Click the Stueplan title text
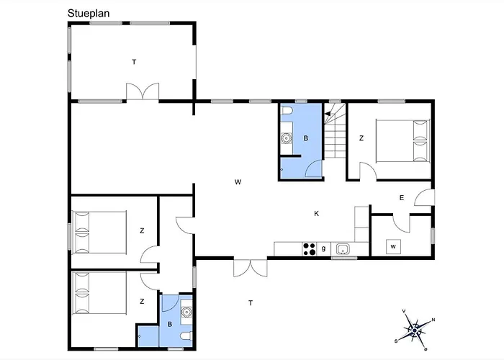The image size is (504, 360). click(89, 14)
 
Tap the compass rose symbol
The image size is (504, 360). click(415, 330)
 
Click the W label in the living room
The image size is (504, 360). click(238, 182)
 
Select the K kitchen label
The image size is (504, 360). click(317, 214)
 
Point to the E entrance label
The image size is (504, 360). click(402, 198)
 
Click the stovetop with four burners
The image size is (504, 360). click(309, 249)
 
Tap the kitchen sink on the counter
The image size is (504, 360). click(343, 249)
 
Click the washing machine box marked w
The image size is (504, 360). click(393, 246)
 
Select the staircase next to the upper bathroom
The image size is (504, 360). click(335, 131)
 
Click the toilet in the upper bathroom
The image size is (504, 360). click(287, 111)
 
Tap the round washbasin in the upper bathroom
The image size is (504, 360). click(286, 138)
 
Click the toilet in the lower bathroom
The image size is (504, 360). click(186, 336)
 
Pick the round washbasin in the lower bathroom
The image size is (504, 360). click(186, 312)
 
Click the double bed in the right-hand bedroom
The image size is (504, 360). click(402, 141)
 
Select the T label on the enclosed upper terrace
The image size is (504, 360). click(134, 62)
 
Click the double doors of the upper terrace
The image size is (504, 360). click(143, 92)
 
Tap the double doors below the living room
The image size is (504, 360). click(251, 267)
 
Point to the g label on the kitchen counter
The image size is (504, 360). click(324, 248)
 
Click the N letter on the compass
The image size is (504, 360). click(433, 320)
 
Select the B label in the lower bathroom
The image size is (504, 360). click(170, 325)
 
